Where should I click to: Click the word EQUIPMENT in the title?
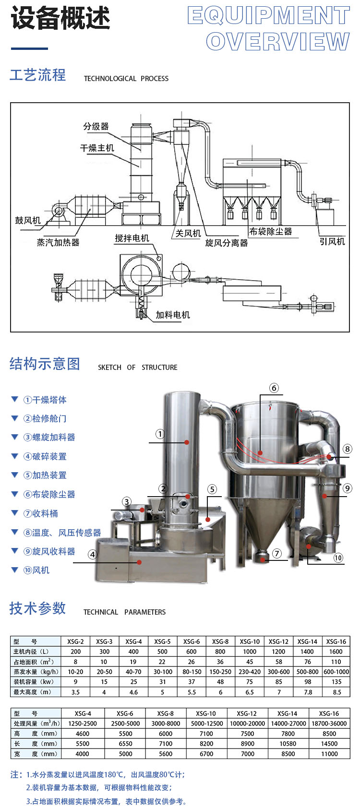pyautogui.click(x=268, y=16)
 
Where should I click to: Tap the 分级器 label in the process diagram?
pyautogui.click(x=96, y=127)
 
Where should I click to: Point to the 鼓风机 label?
pyautogui.click(x=28, y=220)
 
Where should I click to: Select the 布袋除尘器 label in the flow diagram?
pyautogui.click(x=271, y=231)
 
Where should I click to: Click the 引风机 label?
pyautogui.click(x=332, y=241)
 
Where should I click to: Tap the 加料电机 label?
pyautogui.click(x=173, y=315)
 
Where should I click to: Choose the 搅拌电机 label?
pyautogui.click(x=132, y=238)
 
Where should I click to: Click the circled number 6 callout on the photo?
pyautogui.click(x=274, y=388)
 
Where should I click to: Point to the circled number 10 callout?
pyautogui.click(x=338, y=558)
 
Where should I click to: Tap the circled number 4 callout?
pyautogui.click(x=92, y=555)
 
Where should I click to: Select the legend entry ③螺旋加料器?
pyautogui.click(x=49, y=437)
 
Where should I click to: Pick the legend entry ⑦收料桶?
pyautogui.click(x=41, y=513)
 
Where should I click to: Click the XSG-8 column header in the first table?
pyautogui.click(x=220, y=642)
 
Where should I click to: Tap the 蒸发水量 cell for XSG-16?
pyautogui.click(x=336, y=672)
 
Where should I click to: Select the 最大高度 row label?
pyautogui.click(x=32, y=692)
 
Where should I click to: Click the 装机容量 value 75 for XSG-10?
pyautogui.click(x=250, y=682)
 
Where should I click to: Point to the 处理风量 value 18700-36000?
pyautogui.click(x=329, y=724)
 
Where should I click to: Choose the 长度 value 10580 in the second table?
pyautogui.click(x=288, y=744)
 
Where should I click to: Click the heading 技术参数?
pyautogui.click(x=37, y=608)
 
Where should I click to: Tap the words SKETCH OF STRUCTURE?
pyautogui.click(x=137, y=368)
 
